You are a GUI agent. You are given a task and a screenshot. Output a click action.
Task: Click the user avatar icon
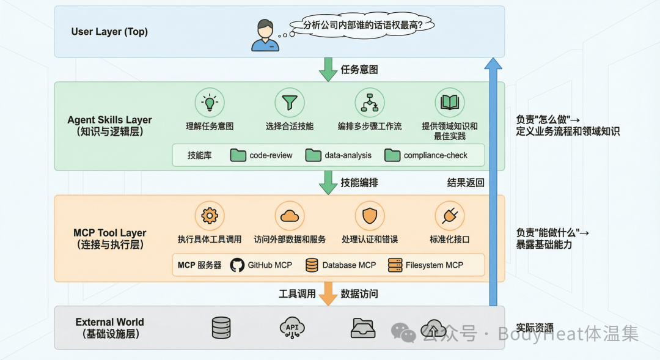click(265, 35)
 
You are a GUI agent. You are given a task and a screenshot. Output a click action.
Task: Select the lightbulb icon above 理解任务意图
click(210, 103)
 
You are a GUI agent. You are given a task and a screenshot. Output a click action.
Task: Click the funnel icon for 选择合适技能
click(289, 103)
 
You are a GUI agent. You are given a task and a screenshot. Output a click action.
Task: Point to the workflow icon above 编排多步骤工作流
click(370, 103)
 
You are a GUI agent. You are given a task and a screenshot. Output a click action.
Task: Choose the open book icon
click(450, 103)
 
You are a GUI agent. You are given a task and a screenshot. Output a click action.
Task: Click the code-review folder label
click(271, 155)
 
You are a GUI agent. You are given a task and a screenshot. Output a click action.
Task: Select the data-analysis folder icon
click(313, 155)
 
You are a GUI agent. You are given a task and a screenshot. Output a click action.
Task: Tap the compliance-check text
click(435, 155)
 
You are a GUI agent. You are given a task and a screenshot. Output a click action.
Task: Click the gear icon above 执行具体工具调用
click(210, 216)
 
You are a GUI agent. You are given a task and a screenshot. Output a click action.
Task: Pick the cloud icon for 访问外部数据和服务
click(289, 216)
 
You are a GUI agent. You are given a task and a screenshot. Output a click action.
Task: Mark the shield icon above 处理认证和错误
click(370, 216)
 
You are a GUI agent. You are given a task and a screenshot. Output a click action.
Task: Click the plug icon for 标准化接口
click(450, 216)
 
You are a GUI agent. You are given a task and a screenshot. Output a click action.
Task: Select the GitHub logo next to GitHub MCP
click(237, 265)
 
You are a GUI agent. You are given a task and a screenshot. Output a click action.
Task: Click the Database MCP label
click(349, 265)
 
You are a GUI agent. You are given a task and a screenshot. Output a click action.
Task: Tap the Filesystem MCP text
click(434, 265)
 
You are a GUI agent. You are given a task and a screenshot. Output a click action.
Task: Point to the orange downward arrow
click(328, 293)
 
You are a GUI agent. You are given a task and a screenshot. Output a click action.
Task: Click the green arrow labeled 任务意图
click(328, 69)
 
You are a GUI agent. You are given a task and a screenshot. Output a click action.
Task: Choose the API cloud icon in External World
click(292, 328)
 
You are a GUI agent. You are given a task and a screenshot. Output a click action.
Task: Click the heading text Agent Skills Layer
click(110, 120)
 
